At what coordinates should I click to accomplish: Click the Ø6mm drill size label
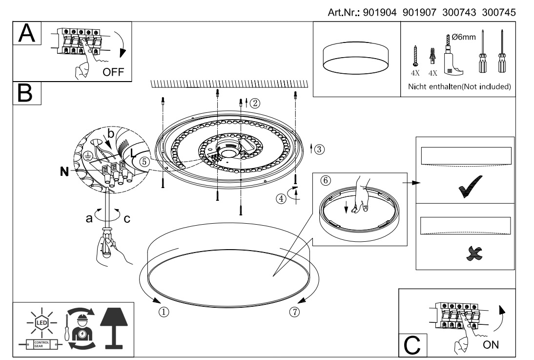point(460,38)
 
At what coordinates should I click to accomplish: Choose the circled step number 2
point(255,103)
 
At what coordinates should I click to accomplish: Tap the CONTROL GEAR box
point(39,345)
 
